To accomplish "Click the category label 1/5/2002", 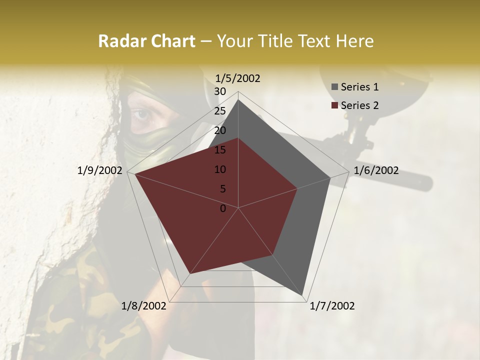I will (x=238, y=78).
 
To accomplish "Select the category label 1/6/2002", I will (x=376, y=170).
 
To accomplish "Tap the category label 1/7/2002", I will (x=332, y=306).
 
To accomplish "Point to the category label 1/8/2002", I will (x=144, y=306).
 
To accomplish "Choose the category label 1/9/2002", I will (x=100, y=170).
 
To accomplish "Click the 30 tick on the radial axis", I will (x=220, y=91).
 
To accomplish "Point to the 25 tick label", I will (x=220, y=111).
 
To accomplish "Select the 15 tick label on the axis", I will (x=220, y=150).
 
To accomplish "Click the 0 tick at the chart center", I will (x=223, y=208).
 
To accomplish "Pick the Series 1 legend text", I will (x=359, y=87).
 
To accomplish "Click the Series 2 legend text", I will (x=359, y=105).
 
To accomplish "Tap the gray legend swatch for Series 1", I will (x=335, y=87).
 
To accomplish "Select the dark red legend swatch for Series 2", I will (x=335, y=105).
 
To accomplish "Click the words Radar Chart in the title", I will (x=146, y=41).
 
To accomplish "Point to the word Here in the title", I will (x=355, y=41).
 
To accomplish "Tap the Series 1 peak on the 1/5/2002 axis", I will (x=238, y=100).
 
